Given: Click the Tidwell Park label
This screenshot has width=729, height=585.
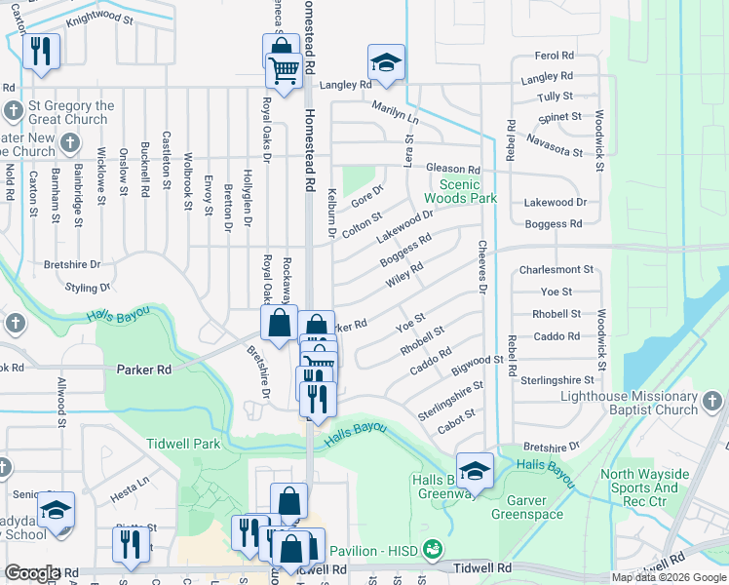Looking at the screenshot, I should tap(183, 444).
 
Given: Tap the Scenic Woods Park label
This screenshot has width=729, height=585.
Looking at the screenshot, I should tap(468, 191).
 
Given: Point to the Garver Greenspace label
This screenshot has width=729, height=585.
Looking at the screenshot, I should tap(528, 507).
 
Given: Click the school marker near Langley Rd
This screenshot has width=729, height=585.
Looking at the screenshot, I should tap(386, 64).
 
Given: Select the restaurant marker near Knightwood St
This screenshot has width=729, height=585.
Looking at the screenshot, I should tap(41, 55).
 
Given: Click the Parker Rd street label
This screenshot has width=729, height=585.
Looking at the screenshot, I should tap(144, 370).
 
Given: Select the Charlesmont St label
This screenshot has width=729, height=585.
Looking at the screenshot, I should tap(556, 269).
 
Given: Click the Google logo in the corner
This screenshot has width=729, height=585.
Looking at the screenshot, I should tap(32, 573).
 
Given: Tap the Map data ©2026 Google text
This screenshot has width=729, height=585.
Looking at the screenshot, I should tap(669, 577).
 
